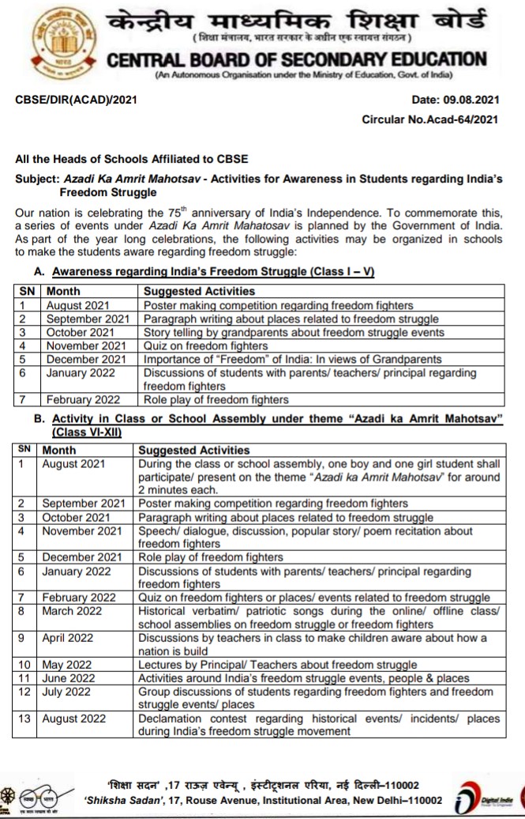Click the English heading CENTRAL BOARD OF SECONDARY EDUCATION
pyautogui.click(x=297, y=59)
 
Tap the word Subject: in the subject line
pyautogui.click(x=38, y=179)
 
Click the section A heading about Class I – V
pyautogui.click(x=212, y=272)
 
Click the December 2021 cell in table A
pyautogui.click(x=86, y=359)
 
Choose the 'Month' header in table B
pyautogui.click(x=59, y=450)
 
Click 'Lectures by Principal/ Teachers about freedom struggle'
pyautogui.click(x=277, y=665)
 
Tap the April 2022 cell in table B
pyautogui.click(x=70, y=638)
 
